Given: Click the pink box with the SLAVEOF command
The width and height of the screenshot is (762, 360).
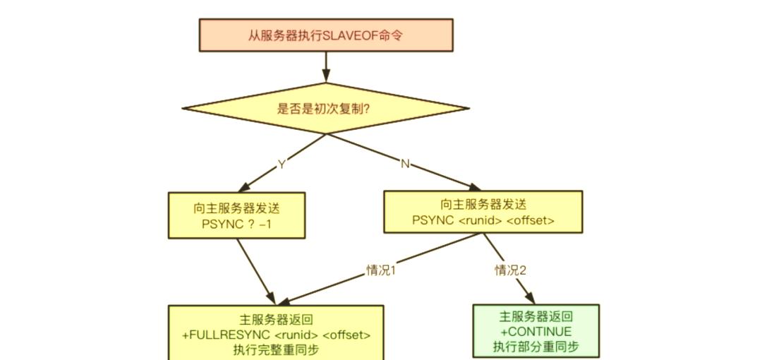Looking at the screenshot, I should click(x=325, y=35).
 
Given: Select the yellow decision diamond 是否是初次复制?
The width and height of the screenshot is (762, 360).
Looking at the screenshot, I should click(x=325, y=109).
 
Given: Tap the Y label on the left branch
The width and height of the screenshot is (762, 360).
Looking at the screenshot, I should click(x=282, y=164).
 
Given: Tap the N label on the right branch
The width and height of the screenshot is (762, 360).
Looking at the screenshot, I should click(x=405, y=164).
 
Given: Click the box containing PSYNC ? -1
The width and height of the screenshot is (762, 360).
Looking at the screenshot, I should click(x=236, y=215).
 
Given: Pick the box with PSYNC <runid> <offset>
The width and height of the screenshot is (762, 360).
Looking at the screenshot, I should click(x=483, y=212).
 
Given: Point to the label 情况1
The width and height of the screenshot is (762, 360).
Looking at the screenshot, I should click(x=381, y=270).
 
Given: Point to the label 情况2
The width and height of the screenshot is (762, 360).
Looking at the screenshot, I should click(x=511, y=270).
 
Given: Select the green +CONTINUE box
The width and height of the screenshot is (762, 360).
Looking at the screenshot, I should click(x=536, y=331).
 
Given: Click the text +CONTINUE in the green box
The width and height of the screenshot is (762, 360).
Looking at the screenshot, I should click(x=536, y=332).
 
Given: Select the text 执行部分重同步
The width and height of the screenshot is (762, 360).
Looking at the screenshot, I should click(x=536, y=347).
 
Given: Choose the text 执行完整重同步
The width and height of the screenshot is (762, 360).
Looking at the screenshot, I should click(x=276, y=349).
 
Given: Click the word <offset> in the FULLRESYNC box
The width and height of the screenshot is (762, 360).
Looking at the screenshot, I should click(x=346, y=335).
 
